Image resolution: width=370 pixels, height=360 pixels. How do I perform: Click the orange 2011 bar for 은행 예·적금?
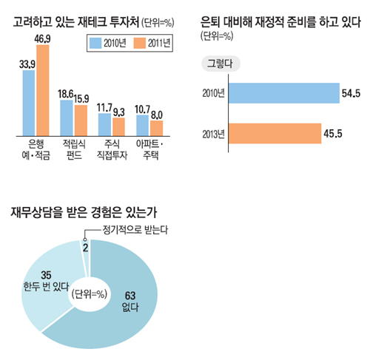tap(43, 90)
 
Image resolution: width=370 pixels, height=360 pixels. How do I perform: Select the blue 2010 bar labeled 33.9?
tap(29, 103)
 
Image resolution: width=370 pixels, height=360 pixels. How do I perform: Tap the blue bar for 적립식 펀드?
tap(67, 118)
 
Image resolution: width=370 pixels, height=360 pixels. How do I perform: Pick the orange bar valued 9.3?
tap(119, 126)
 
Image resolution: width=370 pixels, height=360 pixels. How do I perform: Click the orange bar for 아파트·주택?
tap(157, 128)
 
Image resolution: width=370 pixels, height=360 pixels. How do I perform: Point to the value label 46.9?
tap(42, 39)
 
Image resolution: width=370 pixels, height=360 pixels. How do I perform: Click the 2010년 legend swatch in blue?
tap(95, 43)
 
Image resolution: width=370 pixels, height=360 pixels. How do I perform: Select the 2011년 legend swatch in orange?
tap(140, 43)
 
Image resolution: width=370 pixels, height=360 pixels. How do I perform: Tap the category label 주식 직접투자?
tap(112, 149)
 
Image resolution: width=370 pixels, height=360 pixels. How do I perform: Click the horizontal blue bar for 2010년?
tap(284, 93)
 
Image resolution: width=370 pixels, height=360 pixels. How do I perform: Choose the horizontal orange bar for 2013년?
tap(275, 133)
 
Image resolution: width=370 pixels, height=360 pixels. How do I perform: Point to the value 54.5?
tap(351, 93)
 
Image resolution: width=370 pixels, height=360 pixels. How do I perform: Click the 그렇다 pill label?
tap(221, 64)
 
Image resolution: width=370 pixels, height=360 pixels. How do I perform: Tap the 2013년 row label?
tap(213, 134)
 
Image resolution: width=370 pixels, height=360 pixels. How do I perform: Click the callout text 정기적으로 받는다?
tap(135, 230)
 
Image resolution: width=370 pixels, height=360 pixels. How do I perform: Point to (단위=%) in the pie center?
tap(90, 294)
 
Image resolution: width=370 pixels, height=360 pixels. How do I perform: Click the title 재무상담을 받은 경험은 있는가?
tap(84, 212)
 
